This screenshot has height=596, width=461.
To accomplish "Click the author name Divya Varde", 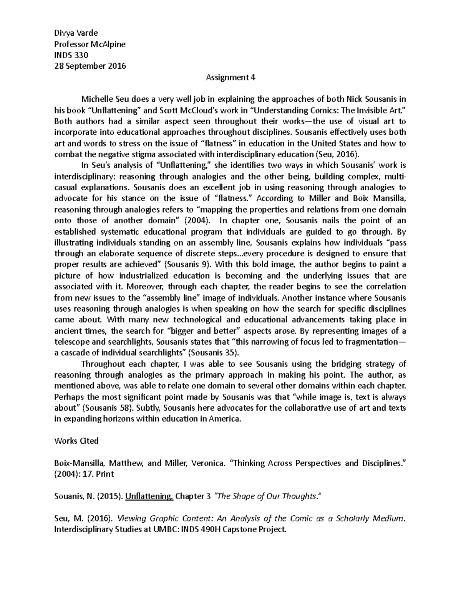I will (x=76, y=33).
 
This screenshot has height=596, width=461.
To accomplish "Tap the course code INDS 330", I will (x=71, y=55).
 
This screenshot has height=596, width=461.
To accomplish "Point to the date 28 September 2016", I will (x=90, y=66).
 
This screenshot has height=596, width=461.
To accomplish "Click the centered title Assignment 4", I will (x=230, y=78).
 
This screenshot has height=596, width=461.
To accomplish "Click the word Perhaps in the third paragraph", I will (x=68, y=397).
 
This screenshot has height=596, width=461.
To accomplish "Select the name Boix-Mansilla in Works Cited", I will (x=77, y=463).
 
